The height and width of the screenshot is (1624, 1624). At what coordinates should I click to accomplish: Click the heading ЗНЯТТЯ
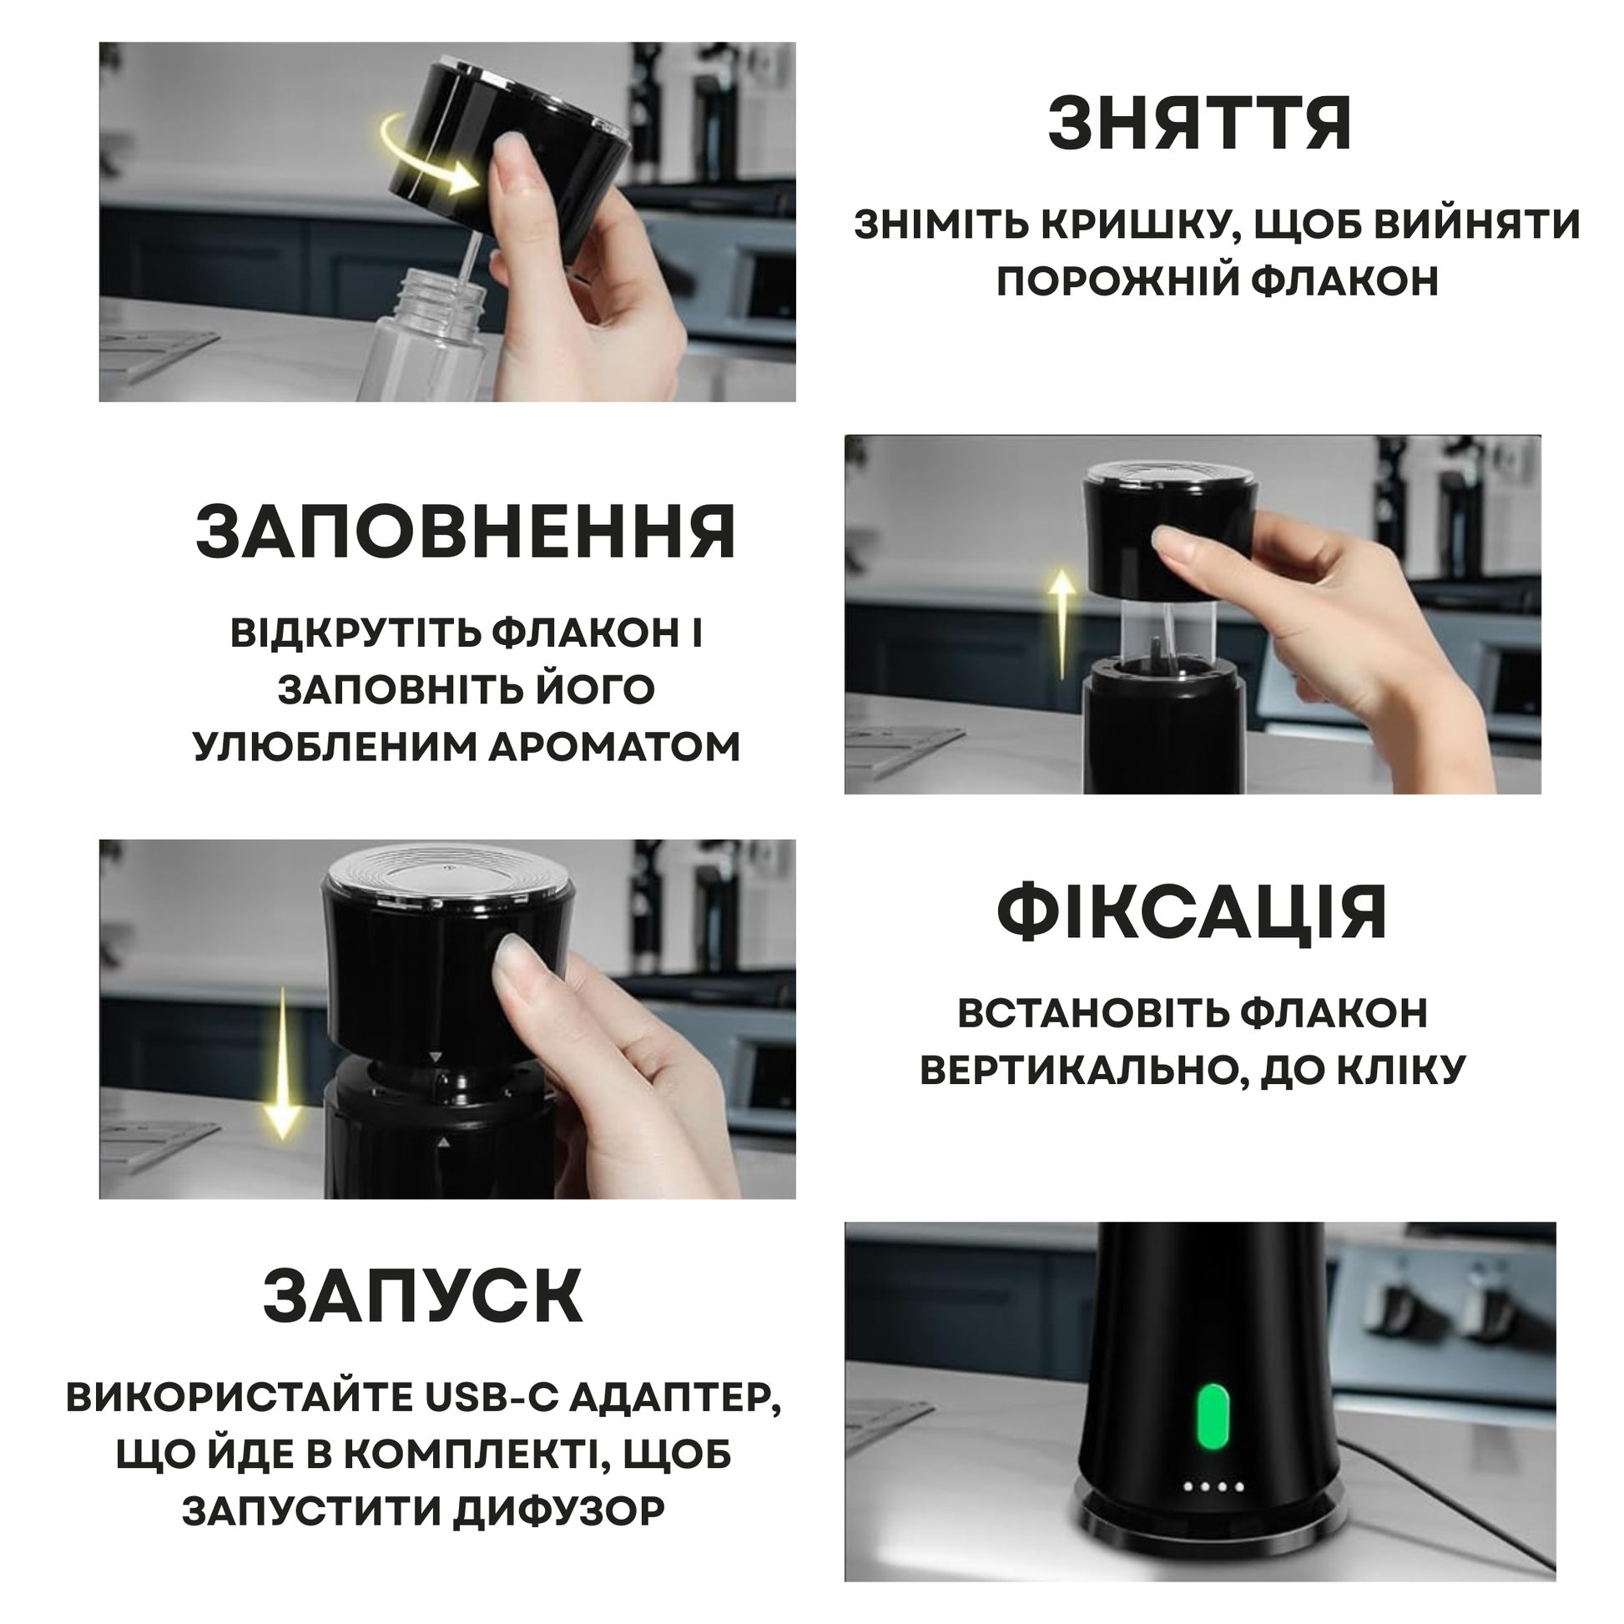(1199, 124)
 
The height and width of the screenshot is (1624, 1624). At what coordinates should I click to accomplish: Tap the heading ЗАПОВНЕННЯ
(467, 533)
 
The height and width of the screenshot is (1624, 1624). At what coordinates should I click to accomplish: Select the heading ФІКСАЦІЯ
(1192, 913)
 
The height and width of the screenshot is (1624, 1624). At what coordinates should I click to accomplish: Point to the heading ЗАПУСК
(423, 1296)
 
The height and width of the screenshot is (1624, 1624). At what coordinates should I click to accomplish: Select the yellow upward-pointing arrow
(1064, 623)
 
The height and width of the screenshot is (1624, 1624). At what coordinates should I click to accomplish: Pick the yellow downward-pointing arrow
(282, 1063)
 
